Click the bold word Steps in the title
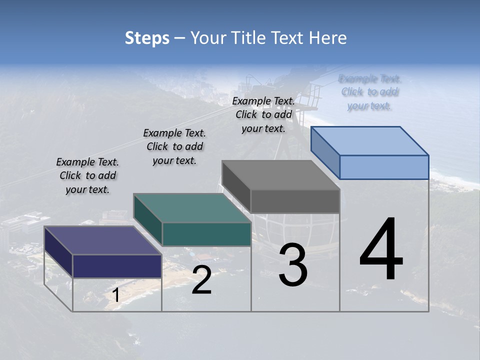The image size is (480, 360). [147, 38]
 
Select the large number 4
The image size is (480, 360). [381, 249]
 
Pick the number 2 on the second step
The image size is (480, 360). [201, 280]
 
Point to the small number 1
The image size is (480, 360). [116, 295]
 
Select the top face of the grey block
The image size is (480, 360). [280, 175]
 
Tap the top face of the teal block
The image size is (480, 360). [192, 208]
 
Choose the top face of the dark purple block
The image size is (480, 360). [102, 240]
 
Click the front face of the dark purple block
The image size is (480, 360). [117, 266]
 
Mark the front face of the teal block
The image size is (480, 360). [206, 234]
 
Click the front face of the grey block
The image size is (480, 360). [295, 201]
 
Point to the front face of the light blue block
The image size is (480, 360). [384, 167]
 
